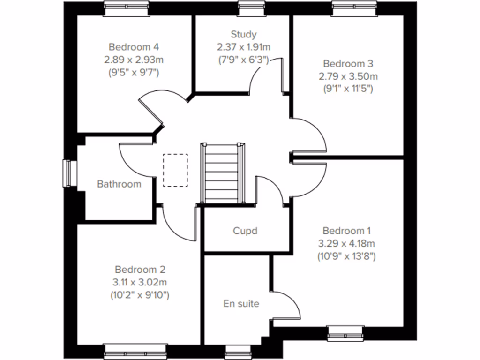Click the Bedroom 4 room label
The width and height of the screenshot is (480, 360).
[134, 47]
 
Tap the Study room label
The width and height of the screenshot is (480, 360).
[244, 34]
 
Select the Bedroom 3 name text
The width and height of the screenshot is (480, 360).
[347, 63]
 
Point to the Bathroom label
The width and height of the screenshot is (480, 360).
[119, 184]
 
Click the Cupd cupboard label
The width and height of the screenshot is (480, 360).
[246, 231]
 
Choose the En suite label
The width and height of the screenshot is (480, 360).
[241, 303]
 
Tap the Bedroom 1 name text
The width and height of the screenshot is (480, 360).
[346, 231]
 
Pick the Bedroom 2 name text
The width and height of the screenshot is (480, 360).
[140, 270]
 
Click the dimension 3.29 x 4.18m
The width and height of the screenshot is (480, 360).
[347, 243]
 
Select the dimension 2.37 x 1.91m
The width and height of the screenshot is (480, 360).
[244, 47]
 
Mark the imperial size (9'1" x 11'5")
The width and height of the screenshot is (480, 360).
[347, 88]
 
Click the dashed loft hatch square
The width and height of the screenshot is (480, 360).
[175, 170]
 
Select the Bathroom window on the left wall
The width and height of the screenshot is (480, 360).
[68, 173]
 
